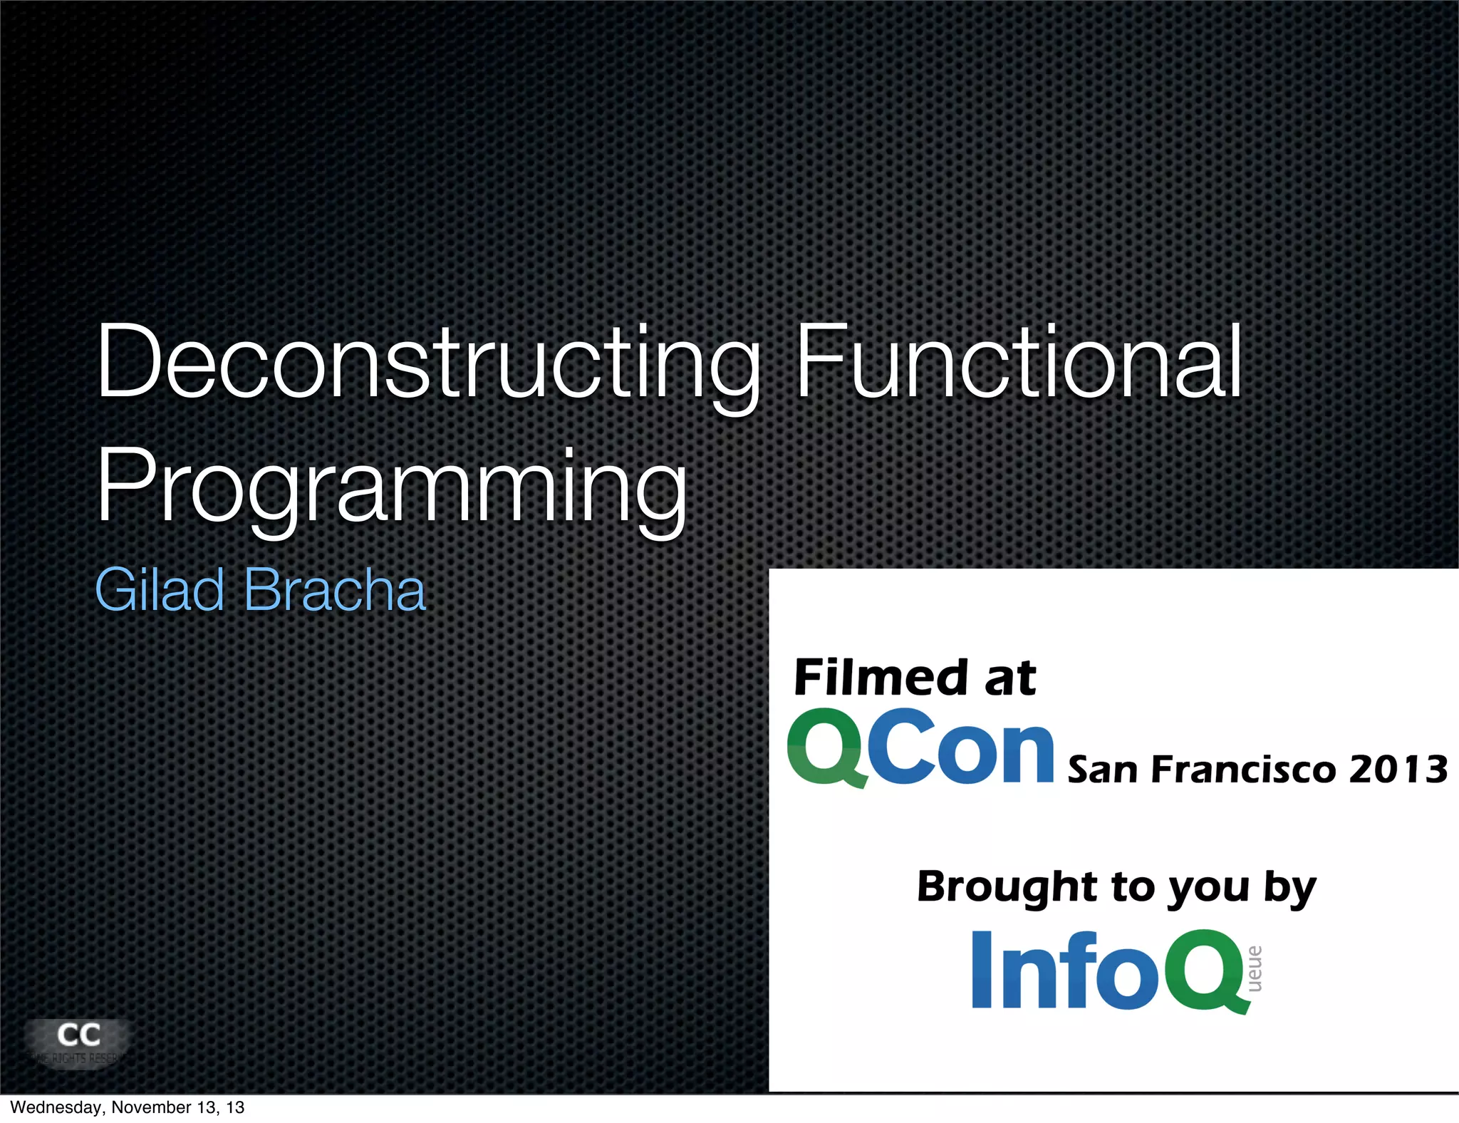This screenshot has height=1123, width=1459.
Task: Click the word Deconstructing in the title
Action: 427,363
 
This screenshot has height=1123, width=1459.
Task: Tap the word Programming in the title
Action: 392,488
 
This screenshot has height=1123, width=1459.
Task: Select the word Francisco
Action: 1243,770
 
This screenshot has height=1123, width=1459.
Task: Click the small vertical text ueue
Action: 1255,969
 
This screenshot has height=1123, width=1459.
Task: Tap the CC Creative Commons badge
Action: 78,1042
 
